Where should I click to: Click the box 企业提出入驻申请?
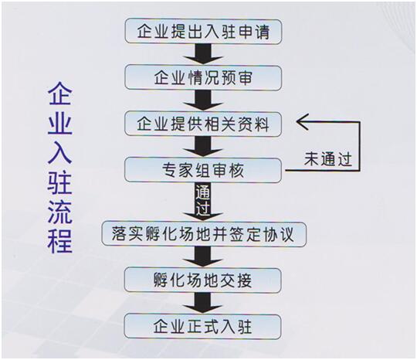coord(203,32)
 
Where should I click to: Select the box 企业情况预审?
coord(203,78)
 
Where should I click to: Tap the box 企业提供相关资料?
coord(203,124)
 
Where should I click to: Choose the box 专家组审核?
coord(203,170)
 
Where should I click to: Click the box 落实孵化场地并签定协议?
coord(204,234)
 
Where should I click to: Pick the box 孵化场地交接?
coord(203,280)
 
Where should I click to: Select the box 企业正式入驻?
coord(203,327)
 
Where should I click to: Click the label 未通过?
coord(328,159)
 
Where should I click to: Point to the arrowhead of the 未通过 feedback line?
coord(297,122)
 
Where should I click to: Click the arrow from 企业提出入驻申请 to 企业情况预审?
coord(203,54)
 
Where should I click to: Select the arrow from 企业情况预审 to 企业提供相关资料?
coord(203,100)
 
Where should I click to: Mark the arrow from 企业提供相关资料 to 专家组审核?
coord(203,147)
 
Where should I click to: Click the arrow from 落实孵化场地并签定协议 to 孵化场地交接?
coord(203,256)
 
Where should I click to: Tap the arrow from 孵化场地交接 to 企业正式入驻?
coord(203,303)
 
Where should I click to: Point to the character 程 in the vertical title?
coord(60,241)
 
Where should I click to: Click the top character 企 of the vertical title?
coord(60,93)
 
